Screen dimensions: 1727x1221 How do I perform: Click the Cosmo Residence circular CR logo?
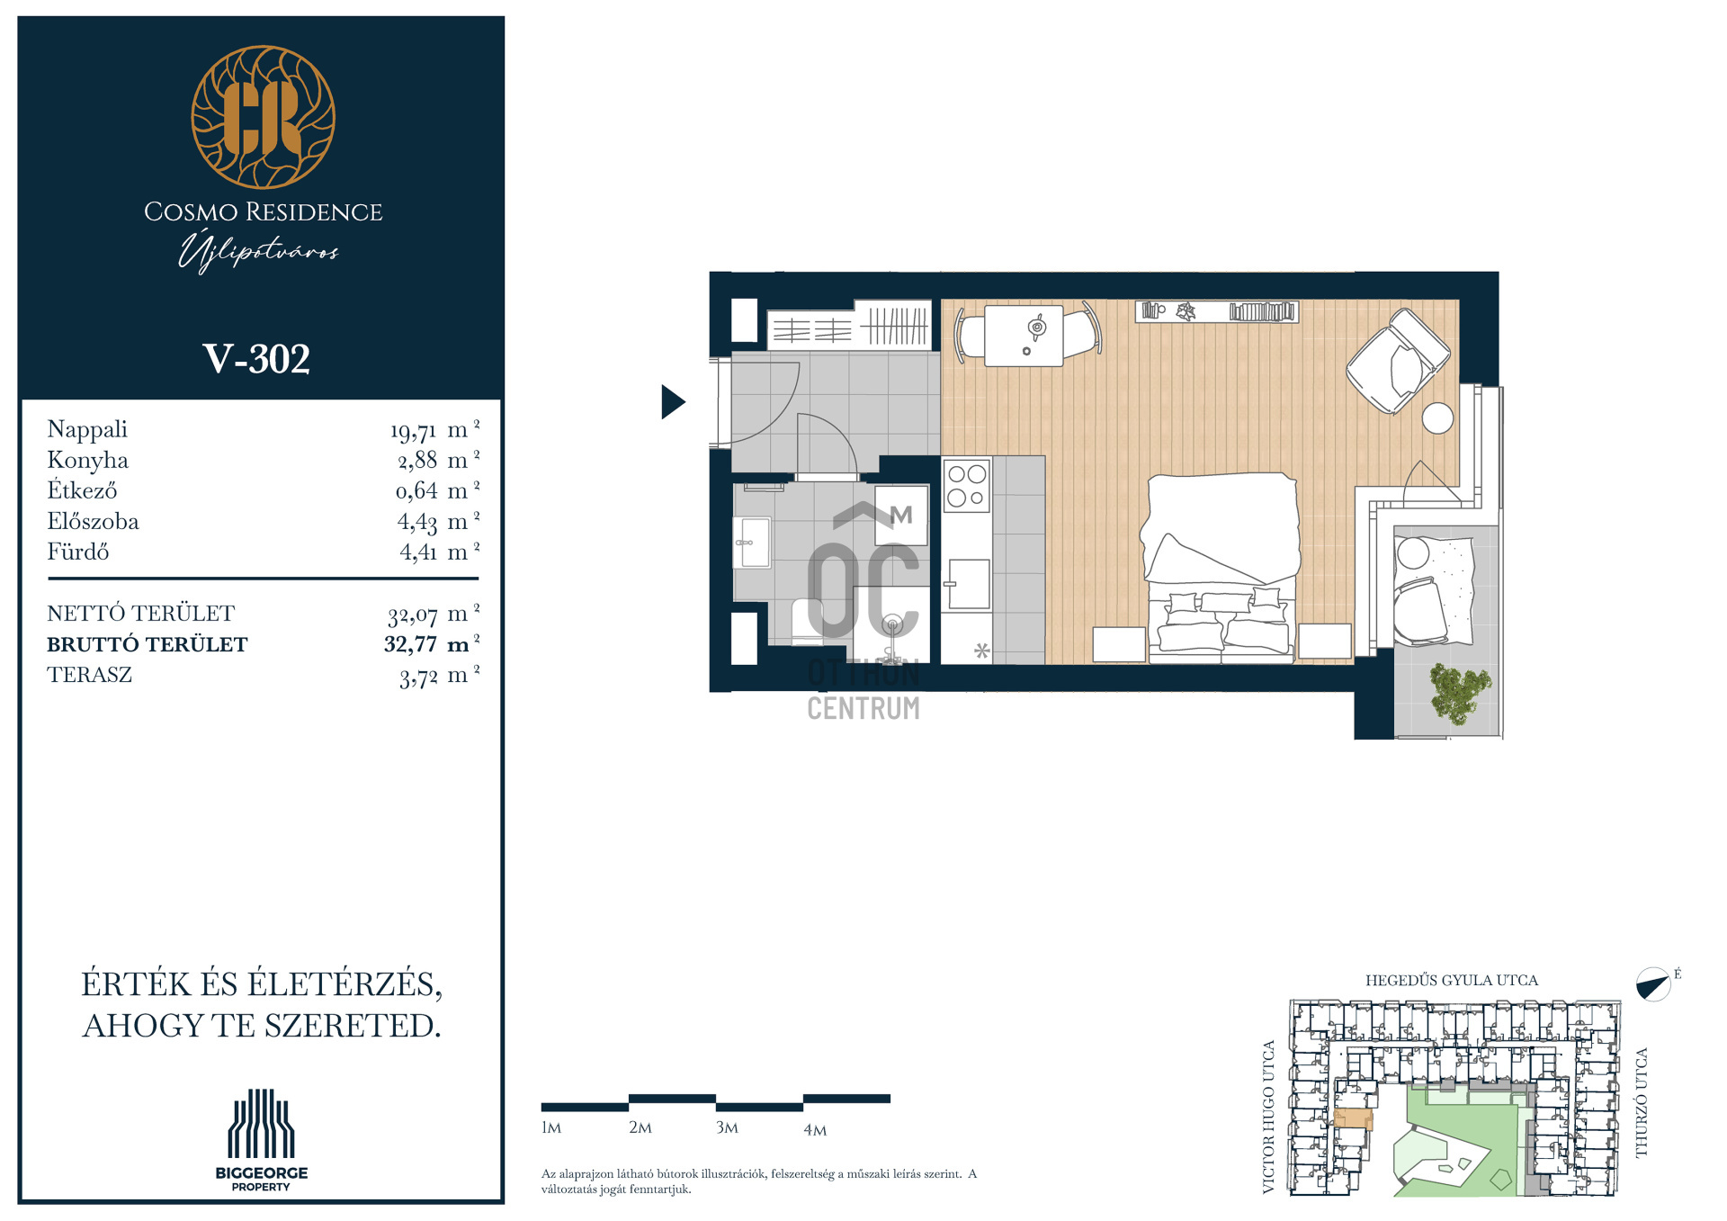(263, 117)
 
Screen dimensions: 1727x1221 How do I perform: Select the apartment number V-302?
(256, 359)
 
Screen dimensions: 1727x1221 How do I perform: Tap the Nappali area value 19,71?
(413, 431)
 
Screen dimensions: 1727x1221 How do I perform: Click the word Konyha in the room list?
(87, 461)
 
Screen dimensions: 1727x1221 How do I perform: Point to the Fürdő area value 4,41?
(418, 552)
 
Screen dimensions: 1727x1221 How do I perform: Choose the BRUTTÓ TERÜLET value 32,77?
(410, 644)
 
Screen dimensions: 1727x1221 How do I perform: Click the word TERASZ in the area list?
(89, 675)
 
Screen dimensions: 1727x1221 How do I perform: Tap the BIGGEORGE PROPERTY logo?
(261, 1140)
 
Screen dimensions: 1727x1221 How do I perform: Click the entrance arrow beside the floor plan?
(673, 401)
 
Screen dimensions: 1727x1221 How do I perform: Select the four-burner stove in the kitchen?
(967, 486)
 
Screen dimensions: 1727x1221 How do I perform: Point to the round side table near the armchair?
(1437, 418)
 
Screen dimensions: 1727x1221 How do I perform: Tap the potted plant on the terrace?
(1459, 693)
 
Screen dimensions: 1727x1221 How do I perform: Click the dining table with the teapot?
(1024, 336)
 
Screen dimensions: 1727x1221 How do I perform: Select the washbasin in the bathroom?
(752, 543)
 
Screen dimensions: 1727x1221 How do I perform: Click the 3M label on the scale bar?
(727, 1128)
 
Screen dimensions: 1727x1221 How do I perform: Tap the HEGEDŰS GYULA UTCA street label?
(1452, 981)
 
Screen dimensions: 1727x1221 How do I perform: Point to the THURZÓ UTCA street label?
(1642, 1103)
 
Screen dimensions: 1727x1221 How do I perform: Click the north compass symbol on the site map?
(1653, 984)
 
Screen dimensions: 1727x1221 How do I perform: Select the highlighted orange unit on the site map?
(1353, 1118)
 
